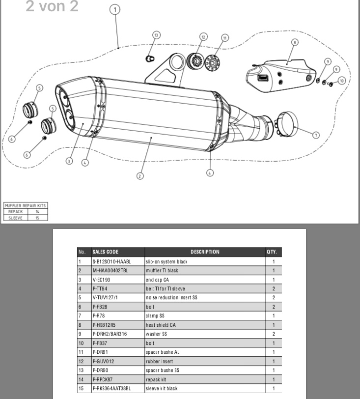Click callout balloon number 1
tap(115, 10)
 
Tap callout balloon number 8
tap(295, 42)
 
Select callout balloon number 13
tap(156, 35)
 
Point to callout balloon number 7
tap(316, 135)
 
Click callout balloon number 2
tap(140, 176)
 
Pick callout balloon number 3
tap(70, 161)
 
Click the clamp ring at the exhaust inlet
tap(287, 124)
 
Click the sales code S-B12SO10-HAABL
tap(111, 262)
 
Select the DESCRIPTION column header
tap(205, 252)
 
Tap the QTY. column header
tap(272, 252)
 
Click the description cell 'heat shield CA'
tap(161, 325)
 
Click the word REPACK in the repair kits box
tap(16, 211)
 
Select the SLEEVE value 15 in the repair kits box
tap(37, 217)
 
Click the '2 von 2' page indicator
tap(52, 7)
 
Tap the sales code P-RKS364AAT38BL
tap(111, 388)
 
